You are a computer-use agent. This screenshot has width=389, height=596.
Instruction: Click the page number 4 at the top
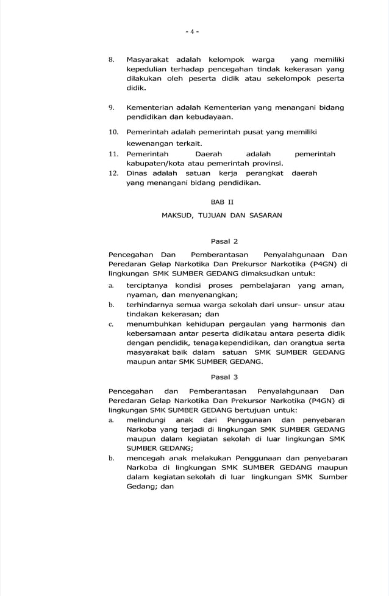pyautogui.click(x=192, y=32)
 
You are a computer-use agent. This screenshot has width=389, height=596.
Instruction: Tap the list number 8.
pyautogui.click(x=112, y=60)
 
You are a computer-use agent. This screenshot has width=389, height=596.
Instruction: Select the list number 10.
pyautogui.click(x=113, y=133)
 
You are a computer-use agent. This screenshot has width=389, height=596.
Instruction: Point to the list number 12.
pyautogui.click(x=113, y=173)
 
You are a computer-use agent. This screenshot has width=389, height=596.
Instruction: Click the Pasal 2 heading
pyautogui.click(x=224, y=241)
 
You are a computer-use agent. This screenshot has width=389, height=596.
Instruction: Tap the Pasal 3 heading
pyautogui.click(x=224, y=377)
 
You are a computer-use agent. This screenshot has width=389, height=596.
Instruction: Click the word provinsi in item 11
pyautogui.click(x=264, y=164)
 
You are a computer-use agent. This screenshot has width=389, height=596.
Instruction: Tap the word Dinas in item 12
pyautogui.click(x=138, y=173)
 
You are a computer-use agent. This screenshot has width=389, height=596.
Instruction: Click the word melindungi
pyautogui.click(x=146, y=420)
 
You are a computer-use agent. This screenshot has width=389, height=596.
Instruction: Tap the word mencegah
pyautogui.click(x=145, y=457)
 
